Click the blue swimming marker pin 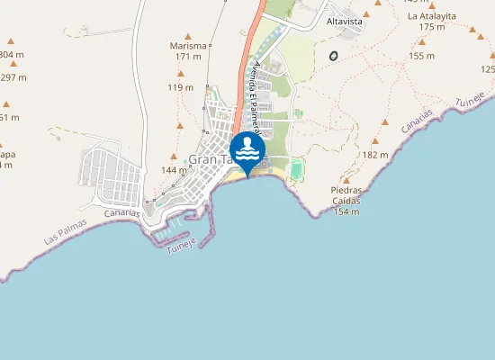(247, 148)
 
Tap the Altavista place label (345, 19)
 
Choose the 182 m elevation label (375, 155)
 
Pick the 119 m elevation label (180, 87)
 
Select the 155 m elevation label (421, 56)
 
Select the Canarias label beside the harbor (121, 215)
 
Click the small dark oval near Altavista (334, 56)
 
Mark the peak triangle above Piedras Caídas (346, 180)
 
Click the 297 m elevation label (13, 77)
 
